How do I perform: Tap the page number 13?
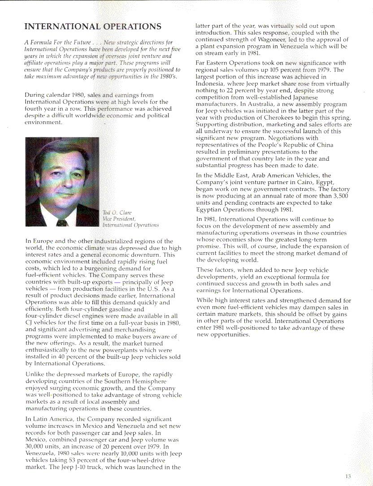point(348,476)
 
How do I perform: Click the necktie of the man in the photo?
point(62,222)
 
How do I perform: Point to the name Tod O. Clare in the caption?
point(117,212)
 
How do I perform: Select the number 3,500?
point(340,196)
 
